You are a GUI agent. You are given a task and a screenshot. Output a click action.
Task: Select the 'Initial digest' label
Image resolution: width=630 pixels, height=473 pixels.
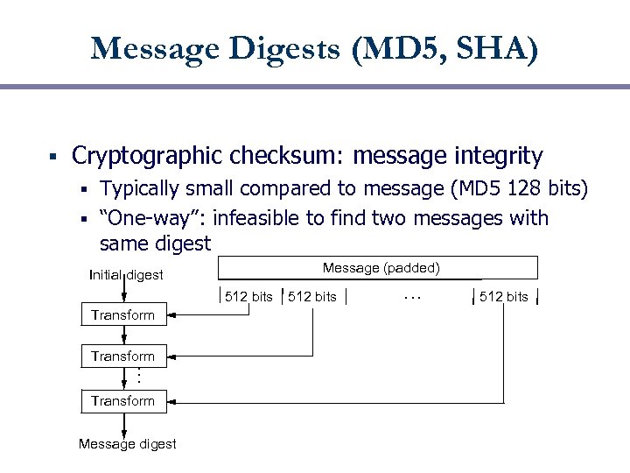pos(126,275)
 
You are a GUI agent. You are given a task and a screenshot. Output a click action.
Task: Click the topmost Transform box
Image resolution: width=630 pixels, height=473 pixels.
pos(122,314)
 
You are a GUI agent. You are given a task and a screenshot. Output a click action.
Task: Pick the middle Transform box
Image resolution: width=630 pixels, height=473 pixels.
pos(122,357)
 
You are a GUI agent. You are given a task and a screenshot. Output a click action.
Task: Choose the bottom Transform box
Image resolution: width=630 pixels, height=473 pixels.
pos(122,401)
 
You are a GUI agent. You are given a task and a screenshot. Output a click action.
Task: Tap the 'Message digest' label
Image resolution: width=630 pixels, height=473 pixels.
pos(127,444)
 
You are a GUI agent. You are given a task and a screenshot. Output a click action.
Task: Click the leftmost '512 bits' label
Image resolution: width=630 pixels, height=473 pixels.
pos(248,297)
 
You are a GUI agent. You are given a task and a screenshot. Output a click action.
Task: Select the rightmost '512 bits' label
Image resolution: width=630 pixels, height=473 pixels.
pos(503,297)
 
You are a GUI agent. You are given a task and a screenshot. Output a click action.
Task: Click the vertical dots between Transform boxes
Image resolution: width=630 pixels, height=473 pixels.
pos(138,378)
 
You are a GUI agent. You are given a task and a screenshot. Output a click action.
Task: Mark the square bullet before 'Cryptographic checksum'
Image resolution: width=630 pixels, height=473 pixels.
pos(53,159)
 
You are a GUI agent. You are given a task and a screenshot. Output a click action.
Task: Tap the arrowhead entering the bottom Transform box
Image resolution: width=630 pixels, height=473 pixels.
pos(172,401)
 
